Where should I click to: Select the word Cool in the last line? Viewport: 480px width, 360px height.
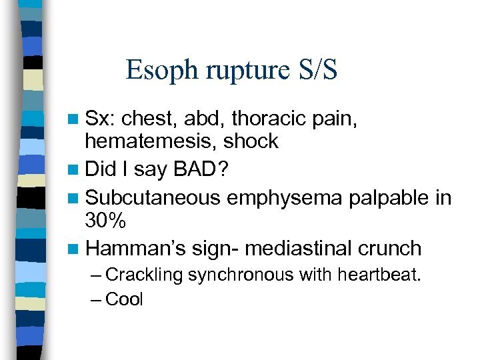coord(125,299)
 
